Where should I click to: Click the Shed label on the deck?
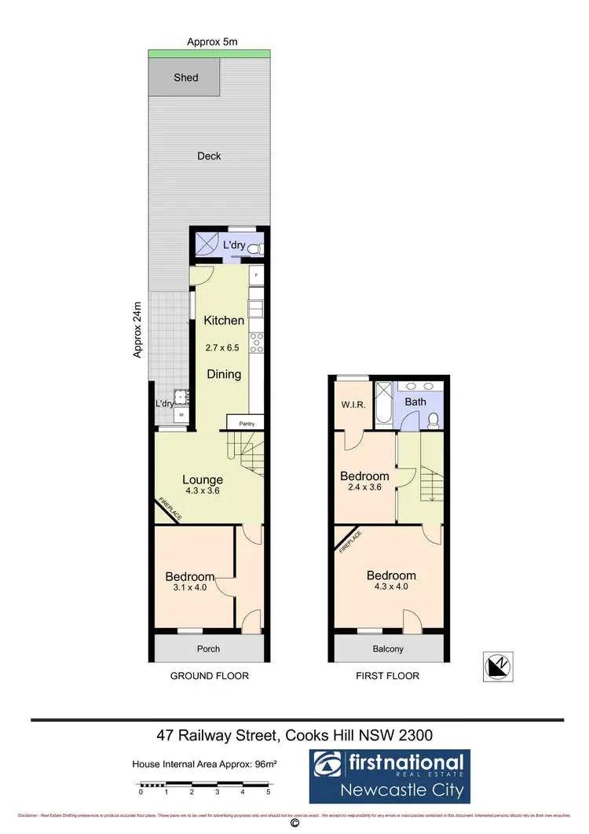186,78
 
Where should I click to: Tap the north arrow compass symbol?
497,666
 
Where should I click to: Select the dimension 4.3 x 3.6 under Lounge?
203,491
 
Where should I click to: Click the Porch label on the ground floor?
208,648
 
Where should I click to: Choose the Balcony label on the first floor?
388,648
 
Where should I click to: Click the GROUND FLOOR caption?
209,676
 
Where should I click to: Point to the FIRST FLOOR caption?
388,676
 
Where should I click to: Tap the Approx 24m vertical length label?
137,330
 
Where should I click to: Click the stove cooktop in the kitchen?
255,342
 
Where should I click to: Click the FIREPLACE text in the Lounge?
169,509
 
